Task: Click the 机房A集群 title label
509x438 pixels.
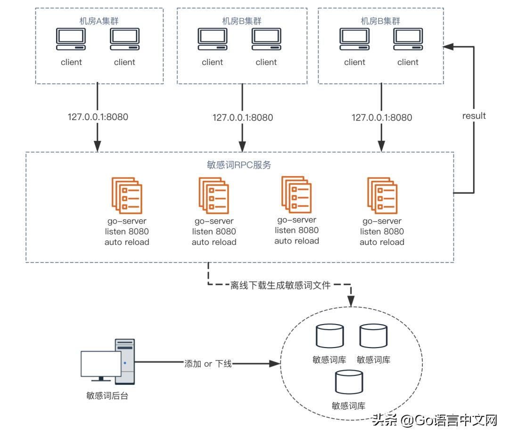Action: (x=99, y=21)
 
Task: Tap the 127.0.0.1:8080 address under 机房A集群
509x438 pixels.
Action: (x=98, y=117)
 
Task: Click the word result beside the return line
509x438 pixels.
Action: (x=474, y=116)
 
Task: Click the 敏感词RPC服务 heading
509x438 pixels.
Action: (x=239, y=165)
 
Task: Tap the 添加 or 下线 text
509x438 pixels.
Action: (x=208, y=364)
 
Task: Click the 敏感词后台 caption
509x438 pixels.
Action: (x=104, y=396)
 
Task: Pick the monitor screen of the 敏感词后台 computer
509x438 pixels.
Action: (x=100, y=364)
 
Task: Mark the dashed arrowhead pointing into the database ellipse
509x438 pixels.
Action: (x=350, y=301)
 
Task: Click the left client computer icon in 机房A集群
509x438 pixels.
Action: (x=71, y=39)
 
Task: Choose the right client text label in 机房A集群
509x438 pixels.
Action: (x=124, y=62)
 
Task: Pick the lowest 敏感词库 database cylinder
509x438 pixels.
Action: (x=349, y=382)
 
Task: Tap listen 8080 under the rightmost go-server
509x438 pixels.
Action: (x=382, y=232)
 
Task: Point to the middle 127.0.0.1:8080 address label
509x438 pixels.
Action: (x=243, y=117)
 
